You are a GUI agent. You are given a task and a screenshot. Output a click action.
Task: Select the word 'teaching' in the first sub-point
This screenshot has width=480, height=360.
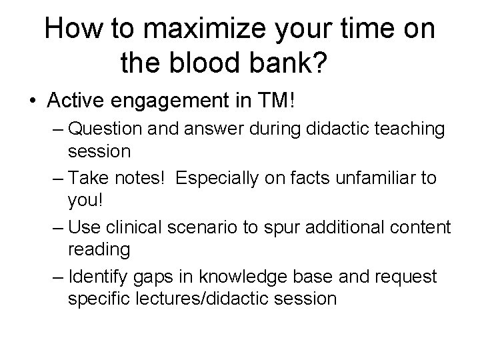click(406, 129)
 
